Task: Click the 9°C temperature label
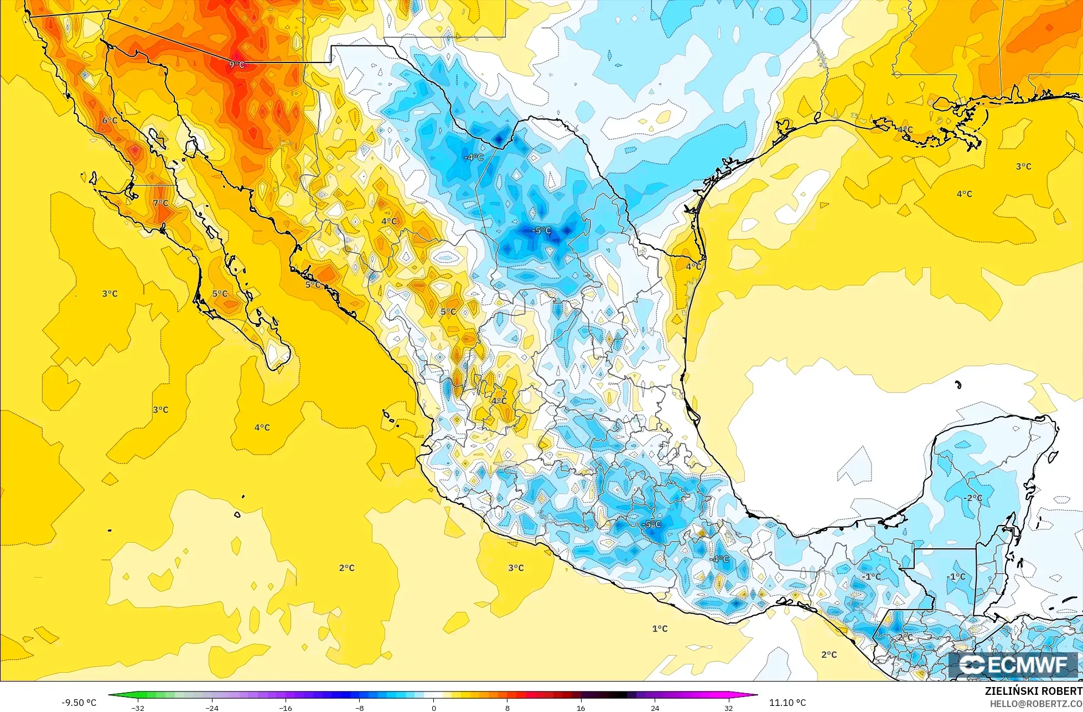pos(237,65)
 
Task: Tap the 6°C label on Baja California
pos(110,121)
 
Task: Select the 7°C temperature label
pos(160,204)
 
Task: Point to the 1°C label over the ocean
pos(660,628)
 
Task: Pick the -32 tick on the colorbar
pos(138,708)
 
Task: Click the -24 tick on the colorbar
pos(212,708)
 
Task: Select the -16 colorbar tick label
pos(286,708)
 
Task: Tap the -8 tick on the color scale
pos(360,708)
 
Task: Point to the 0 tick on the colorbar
pos(434,708)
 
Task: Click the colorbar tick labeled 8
pos(507,708)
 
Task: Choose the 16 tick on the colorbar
pos(581,708)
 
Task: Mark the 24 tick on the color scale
pos(655,708)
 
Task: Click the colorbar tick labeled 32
pos(729,708)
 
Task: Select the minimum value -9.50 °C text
pos(79,703)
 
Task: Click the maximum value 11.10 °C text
pos(787,703)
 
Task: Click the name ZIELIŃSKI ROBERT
pos(1033,691)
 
